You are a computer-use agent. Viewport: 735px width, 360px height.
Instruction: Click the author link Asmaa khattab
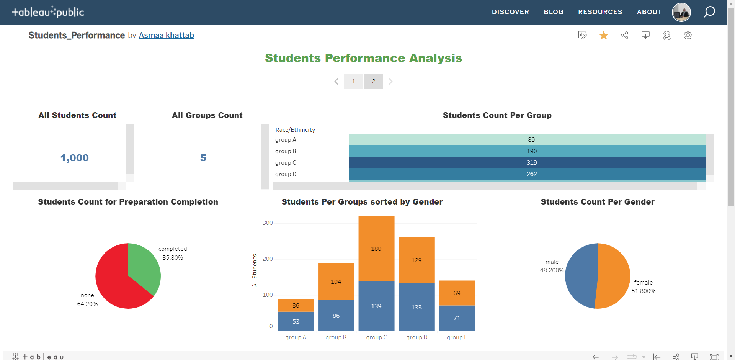pyautogui.click(x=166, y=35)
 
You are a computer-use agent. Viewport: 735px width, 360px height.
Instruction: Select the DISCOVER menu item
pyautogui.click(x=510, y=12)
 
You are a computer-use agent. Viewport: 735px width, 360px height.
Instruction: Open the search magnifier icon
pyautogui.click(x=709, y=12)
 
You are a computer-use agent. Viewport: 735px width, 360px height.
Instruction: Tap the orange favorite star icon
pyautogui.click(x=604, y=35)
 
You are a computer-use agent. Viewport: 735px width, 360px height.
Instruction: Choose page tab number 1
pyautogui.click(x=353, y=81)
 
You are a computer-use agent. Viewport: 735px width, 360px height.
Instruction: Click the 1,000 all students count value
pyautogui.click(x=75, y=158)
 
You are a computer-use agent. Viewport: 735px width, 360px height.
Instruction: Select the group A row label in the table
pyautogui.click(x=286, y=140)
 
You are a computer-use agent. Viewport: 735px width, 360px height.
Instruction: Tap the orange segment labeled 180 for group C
pyautogui.click(x=376, y=249)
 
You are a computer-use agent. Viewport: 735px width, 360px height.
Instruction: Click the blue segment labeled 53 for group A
pyautogui.click(x=296, y=321)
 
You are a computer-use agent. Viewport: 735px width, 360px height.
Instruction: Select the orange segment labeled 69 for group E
pyautogui.click(x=457, y=293)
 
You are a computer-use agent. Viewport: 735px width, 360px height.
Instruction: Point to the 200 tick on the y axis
pyautogui.click(x=268, y=259)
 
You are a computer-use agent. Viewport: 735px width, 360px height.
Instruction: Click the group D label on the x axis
pyautogui.click(x=416, y=337)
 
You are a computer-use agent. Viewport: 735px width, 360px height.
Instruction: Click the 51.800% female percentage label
pyautogui.click(x=643, y=291)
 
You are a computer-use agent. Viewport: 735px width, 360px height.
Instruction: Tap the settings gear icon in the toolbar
pyautogui.click(x=688, y=35)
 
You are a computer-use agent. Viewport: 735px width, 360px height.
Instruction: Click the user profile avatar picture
pyautogui.click(x=681, y=12)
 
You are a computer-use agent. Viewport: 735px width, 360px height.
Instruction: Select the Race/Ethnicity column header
pyautogui.click(x=295, y=130)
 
